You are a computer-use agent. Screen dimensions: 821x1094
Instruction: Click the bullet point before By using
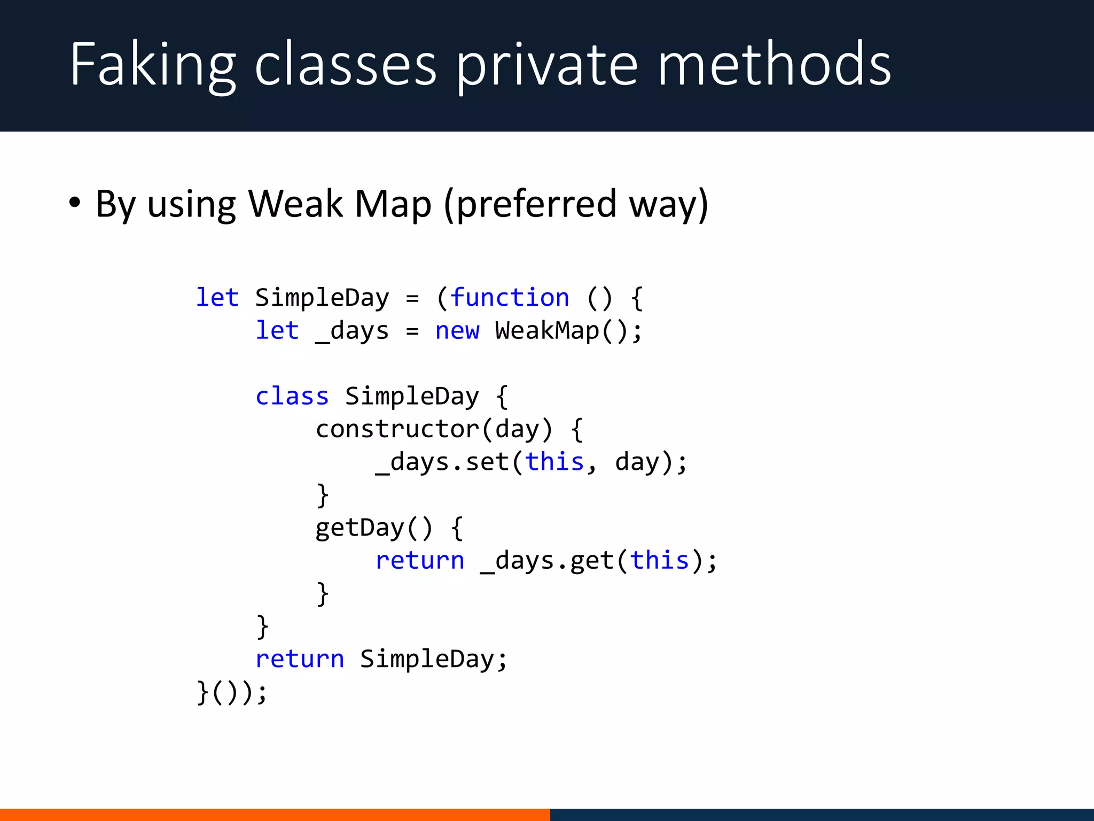click(x=75, y=203)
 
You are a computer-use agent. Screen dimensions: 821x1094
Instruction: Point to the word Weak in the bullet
click(x=295, y=204)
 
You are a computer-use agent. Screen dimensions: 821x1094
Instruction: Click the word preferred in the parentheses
click(x=537, y=205)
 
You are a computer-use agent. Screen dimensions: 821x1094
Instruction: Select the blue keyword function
click(x=510, y=297)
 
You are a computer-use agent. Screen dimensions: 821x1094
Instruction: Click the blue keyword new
click(x=457, y=330)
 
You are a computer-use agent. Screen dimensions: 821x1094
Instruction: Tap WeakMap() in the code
click(x=568, y=330)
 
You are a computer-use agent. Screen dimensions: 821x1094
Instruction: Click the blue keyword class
click(x=292, y=396)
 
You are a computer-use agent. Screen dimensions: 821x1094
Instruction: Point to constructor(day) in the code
click(x=434, y=429)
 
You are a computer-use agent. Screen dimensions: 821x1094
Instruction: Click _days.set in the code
click(x=442, y=462)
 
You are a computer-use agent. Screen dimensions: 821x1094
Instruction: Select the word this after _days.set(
click(x=554, y=462)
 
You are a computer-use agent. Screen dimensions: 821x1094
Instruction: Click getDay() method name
click(x=373, y=528)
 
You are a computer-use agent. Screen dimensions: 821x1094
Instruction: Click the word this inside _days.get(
click(x=659, y=561)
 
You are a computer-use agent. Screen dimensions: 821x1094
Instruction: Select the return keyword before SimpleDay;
click(x=300, y=659)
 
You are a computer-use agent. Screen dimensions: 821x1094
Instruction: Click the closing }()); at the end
click(x=231, y=692)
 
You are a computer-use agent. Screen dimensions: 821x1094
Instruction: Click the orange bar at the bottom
click(x=275, y=815)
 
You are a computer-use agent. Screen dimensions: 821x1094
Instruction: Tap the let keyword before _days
click(x=277, y=330)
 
